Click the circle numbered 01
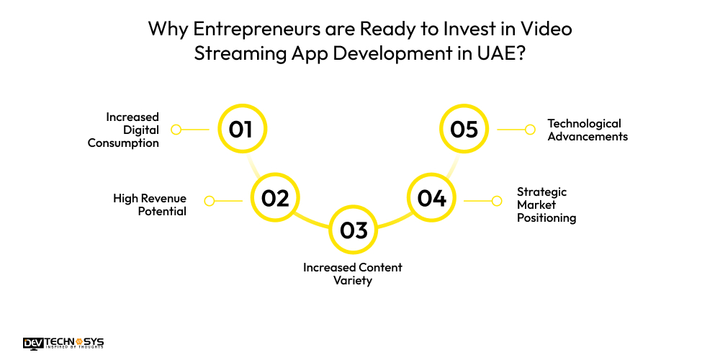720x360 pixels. (241, 130)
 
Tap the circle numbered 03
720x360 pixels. (354, 230)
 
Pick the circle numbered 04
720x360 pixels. (432, 198)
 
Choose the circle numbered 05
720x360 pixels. (464, 130)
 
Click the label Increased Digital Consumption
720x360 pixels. (124, 130)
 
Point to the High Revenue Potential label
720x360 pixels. (150, 204)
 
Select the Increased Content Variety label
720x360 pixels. (353, 274)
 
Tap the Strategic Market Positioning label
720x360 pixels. (546, 204)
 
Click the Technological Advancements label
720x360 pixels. (588, 130)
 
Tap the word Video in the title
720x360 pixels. (547, 30)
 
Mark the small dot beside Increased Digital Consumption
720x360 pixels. (176, 130)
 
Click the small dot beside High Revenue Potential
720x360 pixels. (209, 201)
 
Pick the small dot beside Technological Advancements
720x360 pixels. (530, 130)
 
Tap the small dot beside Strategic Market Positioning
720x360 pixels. (497, 201)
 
